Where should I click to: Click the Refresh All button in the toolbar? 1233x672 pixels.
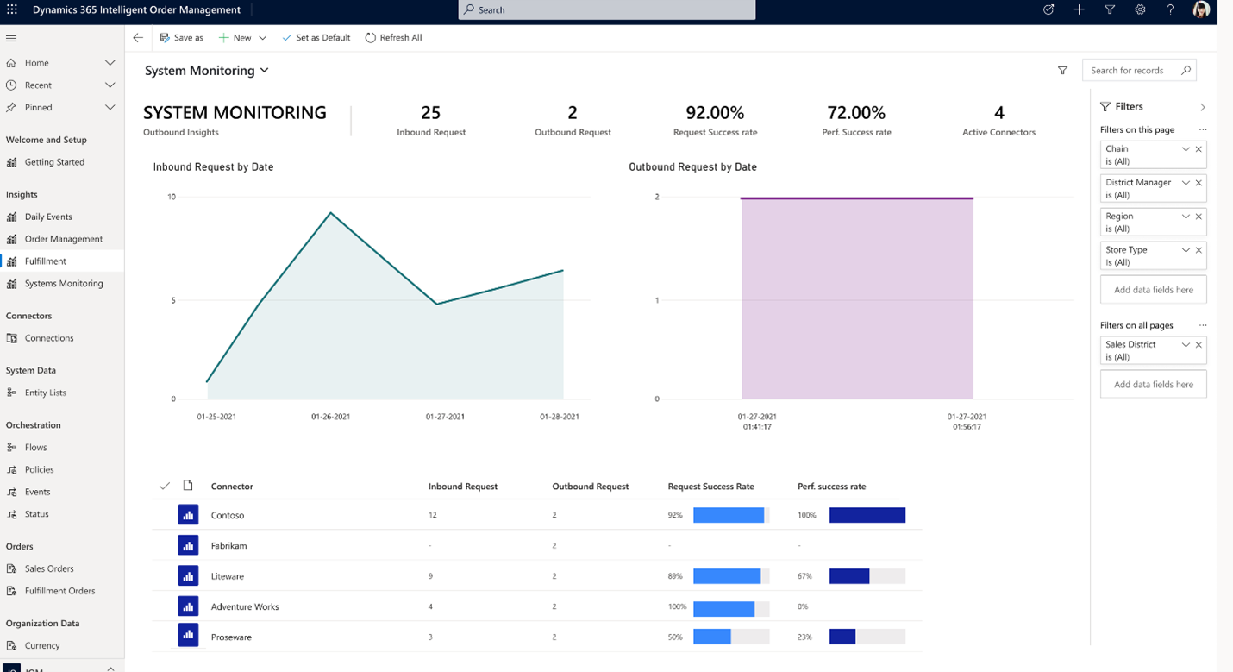coord(393,38)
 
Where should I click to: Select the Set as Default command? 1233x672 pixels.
coord(316,38)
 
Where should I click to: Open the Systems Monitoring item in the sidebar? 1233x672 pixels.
coord(63,283)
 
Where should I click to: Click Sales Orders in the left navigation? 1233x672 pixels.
coord(49,568)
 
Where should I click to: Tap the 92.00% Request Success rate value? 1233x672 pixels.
coord(714,113)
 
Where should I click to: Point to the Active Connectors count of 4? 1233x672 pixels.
coord(998,113)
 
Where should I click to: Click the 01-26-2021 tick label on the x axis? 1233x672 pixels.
coord(330,417)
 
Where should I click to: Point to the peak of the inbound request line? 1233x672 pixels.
coord(330,212)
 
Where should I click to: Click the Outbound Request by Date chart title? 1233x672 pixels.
coord(692,167)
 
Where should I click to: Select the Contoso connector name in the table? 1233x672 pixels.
coord(228,515)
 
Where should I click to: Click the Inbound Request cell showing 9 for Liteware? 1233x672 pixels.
coord(430,576)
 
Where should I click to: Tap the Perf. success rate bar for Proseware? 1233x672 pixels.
coord(842,637)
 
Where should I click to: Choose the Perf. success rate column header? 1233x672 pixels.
coord(831,487)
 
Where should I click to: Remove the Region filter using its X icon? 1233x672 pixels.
coord(1199,217)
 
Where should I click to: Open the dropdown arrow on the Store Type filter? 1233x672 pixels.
coord(1186,250)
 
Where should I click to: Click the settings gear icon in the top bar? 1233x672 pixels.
coord(1140,10)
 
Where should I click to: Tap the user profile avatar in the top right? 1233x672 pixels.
coord(1201,10)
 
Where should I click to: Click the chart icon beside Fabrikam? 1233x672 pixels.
coord(188,545)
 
